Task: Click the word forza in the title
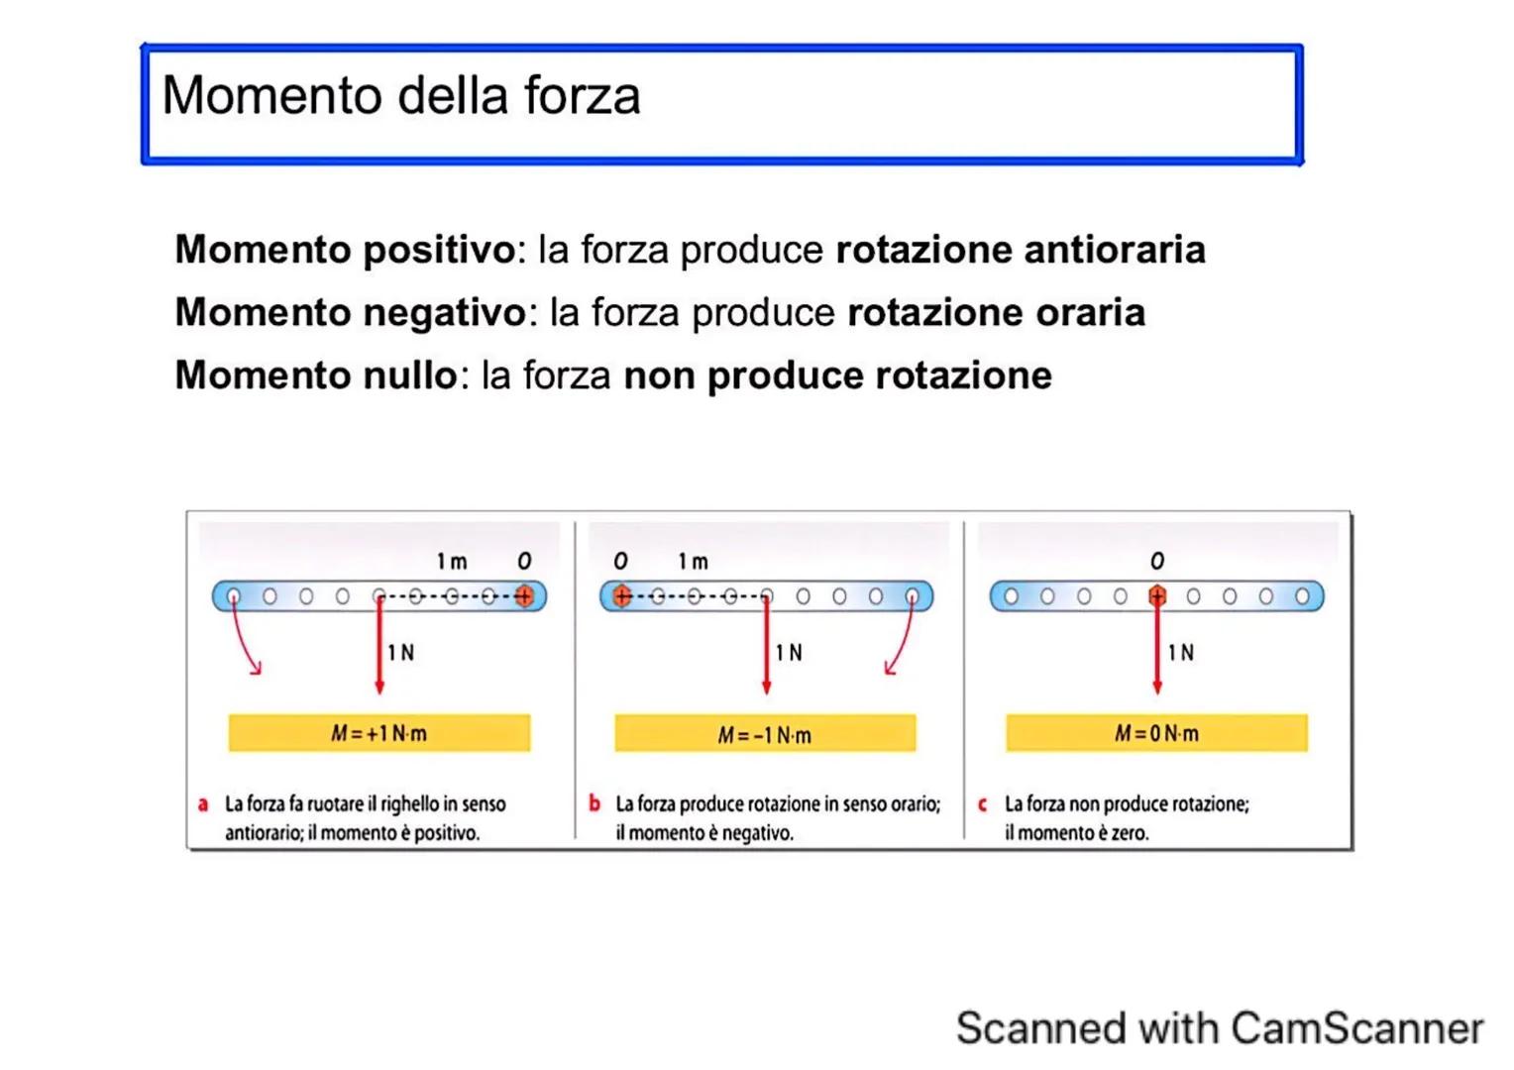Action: pos(582,96)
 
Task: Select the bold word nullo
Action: pos(408,375)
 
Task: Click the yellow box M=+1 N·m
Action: pos(378,733)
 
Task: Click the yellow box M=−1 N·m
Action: pos(765,734)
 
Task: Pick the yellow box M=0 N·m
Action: pos(1156,733)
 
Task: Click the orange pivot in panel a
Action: pos(524,595)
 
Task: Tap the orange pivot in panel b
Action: pos(621,595)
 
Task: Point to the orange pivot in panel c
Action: pos(1156,595)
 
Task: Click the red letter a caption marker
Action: pos(203,804)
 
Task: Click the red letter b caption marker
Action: pos(594,803)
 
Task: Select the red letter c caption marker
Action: pos(983,804)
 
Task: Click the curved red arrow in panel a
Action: pos(243,643)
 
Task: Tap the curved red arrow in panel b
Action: pos(901,643)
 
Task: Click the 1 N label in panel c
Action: pos(1180,653)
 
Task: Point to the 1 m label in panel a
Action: pos(452,562)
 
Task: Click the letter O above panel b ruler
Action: pos(620,562)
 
